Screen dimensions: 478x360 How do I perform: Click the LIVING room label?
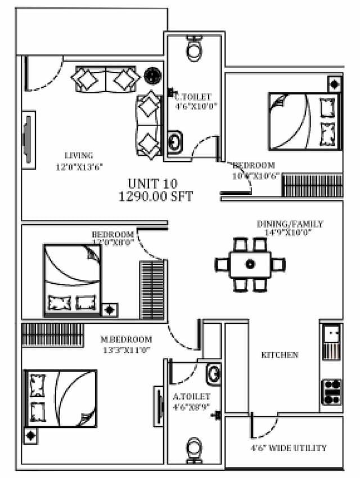pos(79,155)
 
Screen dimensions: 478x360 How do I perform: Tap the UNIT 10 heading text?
pos(152,184)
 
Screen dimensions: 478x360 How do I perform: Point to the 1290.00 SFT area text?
pos(156,196)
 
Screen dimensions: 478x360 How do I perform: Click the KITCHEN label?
pos(280,355)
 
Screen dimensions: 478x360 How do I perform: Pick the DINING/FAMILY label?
pos(290,224)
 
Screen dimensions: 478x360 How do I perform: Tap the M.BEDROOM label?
pos(126,339)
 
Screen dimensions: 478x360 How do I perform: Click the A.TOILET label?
pos(191,396)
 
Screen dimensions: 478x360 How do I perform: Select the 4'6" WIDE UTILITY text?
pos(289,448)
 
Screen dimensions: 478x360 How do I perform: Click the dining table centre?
pos(250,264)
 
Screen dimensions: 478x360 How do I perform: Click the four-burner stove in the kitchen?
pos(331,391)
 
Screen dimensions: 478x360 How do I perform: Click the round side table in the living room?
pos(152,75)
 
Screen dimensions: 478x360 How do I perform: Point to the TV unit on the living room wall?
pos(28,140)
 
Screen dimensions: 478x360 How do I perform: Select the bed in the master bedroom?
pos(61,398)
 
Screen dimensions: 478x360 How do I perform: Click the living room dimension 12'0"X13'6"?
pos(79,167)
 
